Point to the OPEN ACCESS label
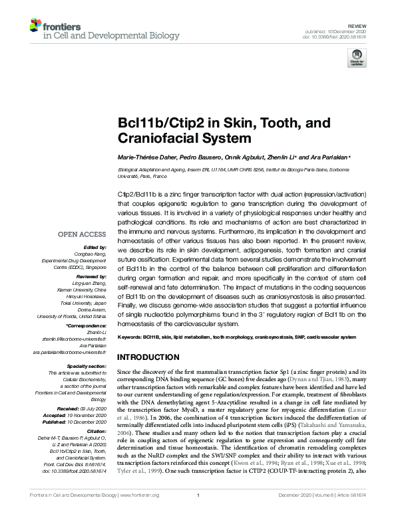click(82, 234)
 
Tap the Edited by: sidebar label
click(95, 246)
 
